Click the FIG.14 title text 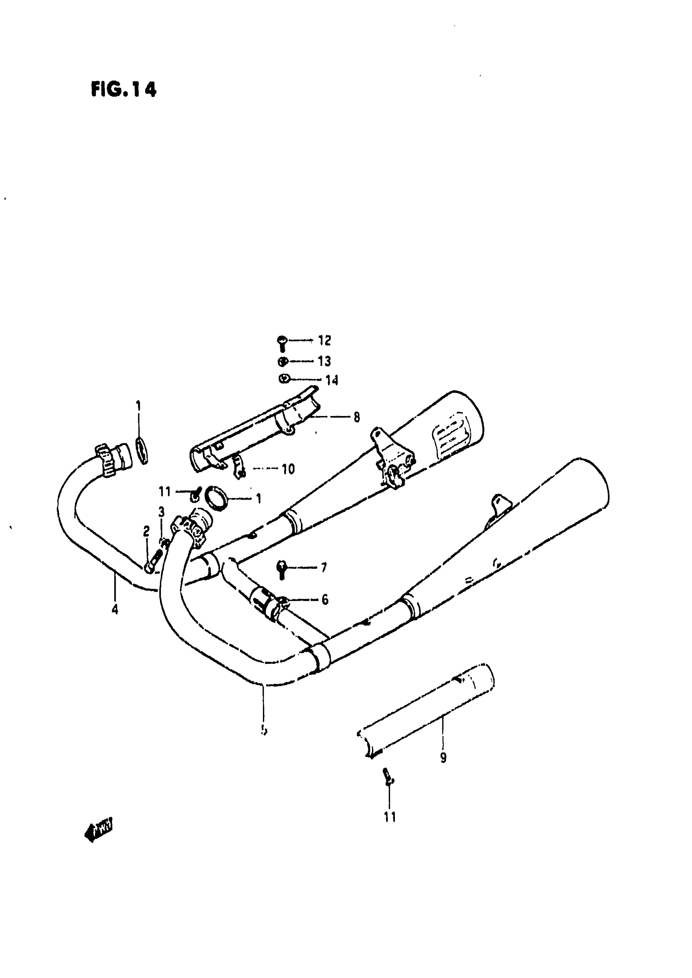point(124,89)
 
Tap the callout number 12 point(324,340)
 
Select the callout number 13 point(324,361)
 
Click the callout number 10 point(288,469)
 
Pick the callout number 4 point(115,610)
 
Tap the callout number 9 point(443,758)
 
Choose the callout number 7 point(324,568)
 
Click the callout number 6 point(325,600)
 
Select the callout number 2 point(146,531)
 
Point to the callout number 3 point(162,512)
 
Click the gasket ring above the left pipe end point(142,450)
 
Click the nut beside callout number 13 point(282,362)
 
